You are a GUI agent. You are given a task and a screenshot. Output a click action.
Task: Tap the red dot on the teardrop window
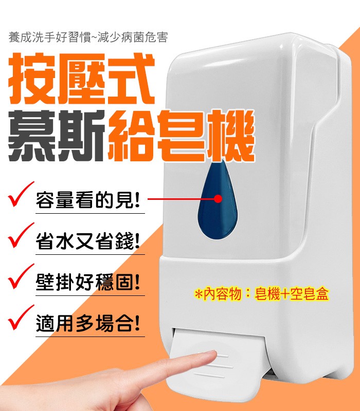click(218, 197)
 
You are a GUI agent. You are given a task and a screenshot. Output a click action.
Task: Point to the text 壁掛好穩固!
click(88, 283)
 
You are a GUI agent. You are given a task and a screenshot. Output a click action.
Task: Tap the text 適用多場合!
click(88, 324)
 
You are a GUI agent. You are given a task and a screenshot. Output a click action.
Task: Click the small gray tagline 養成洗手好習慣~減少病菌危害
click(88, 38)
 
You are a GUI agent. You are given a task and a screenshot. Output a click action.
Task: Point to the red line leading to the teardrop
click(180, 197)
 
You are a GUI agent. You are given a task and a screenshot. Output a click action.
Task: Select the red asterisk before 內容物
click(199, 294)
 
